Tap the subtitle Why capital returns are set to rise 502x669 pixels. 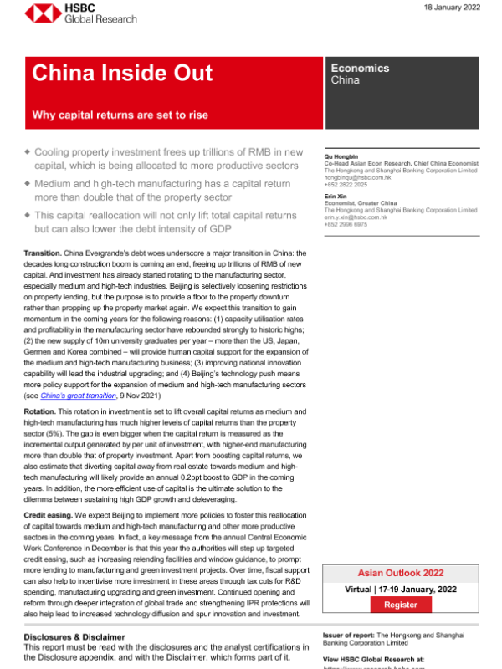(x=120, y=115)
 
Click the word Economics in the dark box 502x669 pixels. (x=360, y=68)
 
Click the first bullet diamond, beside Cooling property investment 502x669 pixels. (x=27, y=152)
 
